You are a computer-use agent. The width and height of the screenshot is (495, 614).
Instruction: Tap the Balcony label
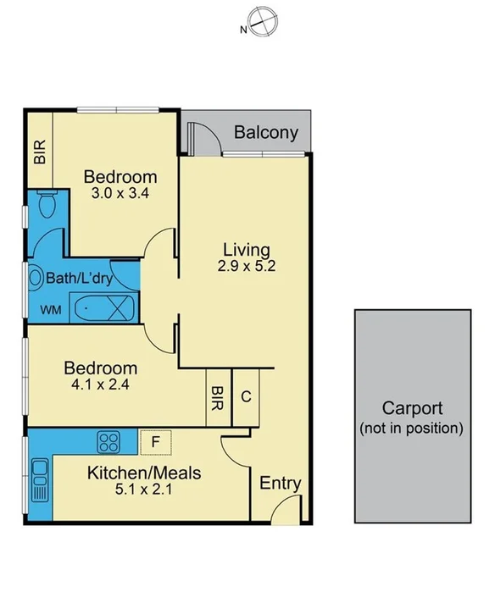[265, 132]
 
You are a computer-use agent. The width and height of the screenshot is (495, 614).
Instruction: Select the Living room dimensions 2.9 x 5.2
[246, 265]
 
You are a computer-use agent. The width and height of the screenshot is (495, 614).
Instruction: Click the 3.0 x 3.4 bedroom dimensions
[120, 193]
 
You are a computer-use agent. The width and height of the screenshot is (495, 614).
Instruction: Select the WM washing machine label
[50, 309]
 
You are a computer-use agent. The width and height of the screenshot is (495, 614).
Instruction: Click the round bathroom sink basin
[37, 277]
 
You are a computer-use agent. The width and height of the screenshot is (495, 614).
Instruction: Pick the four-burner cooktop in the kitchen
[109, 441]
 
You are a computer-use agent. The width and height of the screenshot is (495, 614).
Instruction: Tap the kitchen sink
[40, 478]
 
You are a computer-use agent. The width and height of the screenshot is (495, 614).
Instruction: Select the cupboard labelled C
[245, 396]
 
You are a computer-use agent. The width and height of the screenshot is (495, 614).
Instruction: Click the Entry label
[280, 484]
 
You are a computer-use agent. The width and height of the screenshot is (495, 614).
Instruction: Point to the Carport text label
[412, 407]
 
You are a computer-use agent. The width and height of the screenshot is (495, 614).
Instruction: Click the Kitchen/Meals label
[144, 473]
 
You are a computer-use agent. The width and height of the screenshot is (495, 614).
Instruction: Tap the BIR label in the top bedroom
[40, 152]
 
